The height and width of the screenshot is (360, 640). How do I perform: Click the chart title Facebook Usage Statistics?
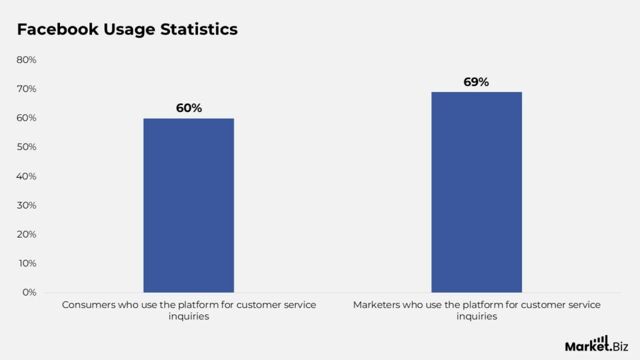tap(127, 29)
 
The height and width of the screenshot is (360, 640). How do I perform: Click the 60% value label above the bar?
tap(189, 108)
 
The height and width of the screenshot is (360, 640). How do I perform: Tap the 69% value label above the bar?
tap(476, 82)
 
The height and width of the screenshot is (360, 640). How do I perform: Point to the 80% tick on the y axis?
tap(26, 60)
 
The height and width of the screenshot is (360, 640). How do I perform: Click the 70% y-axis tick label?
tap(26, 89)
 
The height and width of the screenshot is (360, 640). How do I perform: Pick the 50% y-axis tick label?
tap(26, 147)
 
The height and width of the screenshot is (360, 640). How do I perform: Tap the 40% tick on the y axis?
tap(26, 176)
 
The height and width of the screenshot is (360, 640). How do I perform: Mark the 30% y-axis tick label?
tap(26, 205)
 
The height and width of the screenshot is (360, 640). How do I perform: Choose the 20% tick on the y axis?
tap(26, 234)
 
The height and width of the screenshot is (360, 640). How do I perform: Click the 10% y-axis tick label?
tap(26, 263)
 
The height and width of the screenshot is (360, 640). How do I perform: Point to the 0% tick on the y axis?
tap(29, 292)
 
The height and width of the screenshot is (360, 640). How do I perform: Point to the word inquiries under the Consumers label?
tap(189, 317)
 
